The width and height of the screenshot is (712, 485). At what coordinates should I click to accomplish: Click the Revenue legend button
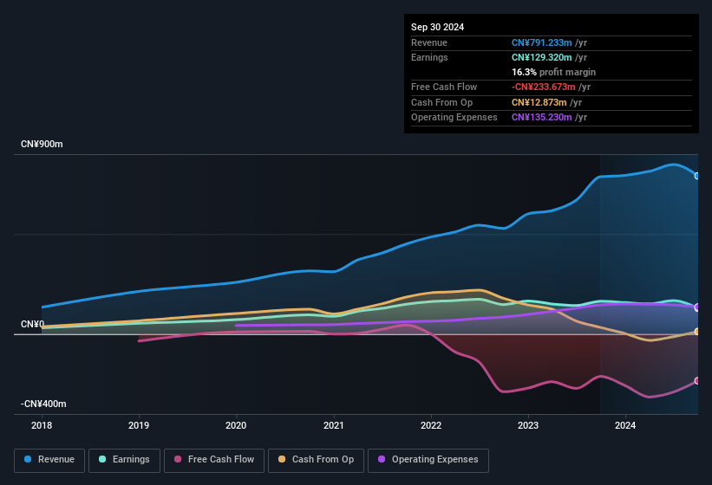tap(50, 460)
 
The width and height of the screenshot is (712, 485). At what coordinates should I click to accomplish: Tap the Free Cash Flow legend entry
tap(214, 460)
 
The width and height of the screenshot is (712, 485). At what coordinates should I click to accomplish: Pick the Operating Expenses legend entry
tap(428, 460)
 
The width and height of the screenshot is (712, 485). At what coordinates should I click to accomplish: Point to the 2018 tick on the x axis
tap(42, 425)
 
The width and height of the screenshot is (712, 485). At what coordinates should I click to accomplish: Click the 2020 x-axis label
tap(236, 425)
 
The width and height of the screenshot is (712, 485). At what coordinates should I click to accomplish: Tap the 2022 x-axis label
tap(431, 425)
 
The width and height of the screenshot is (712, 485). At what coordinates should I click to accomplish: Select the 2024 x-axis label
tap(625, 425)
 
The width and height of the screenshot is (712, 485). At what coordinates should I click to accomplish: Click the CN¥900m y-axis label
tap(42, 144)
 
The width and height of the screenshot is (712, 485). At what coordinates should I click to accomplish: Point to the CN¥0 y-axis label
tap(33, 325)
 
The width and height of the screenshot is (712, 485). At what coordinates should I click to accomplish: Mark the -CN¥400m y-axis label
tap(43, 404)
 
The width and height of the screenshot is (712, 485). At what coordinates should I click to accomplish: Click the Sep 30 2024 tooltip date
tap(437, 27)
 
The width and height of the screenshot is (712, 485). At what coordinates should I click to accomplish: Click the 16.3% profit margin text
tap(553, 72)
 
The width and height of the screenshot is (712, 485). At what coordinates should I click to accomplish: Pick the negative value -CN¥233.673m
tap(551, 87)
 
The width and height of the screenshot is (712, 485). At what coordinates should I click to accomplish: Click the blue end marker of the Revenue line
tap(696, 176)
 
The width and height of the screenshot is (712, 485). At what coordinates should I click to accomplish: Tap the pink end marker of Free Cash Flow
tap(696, 381)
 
